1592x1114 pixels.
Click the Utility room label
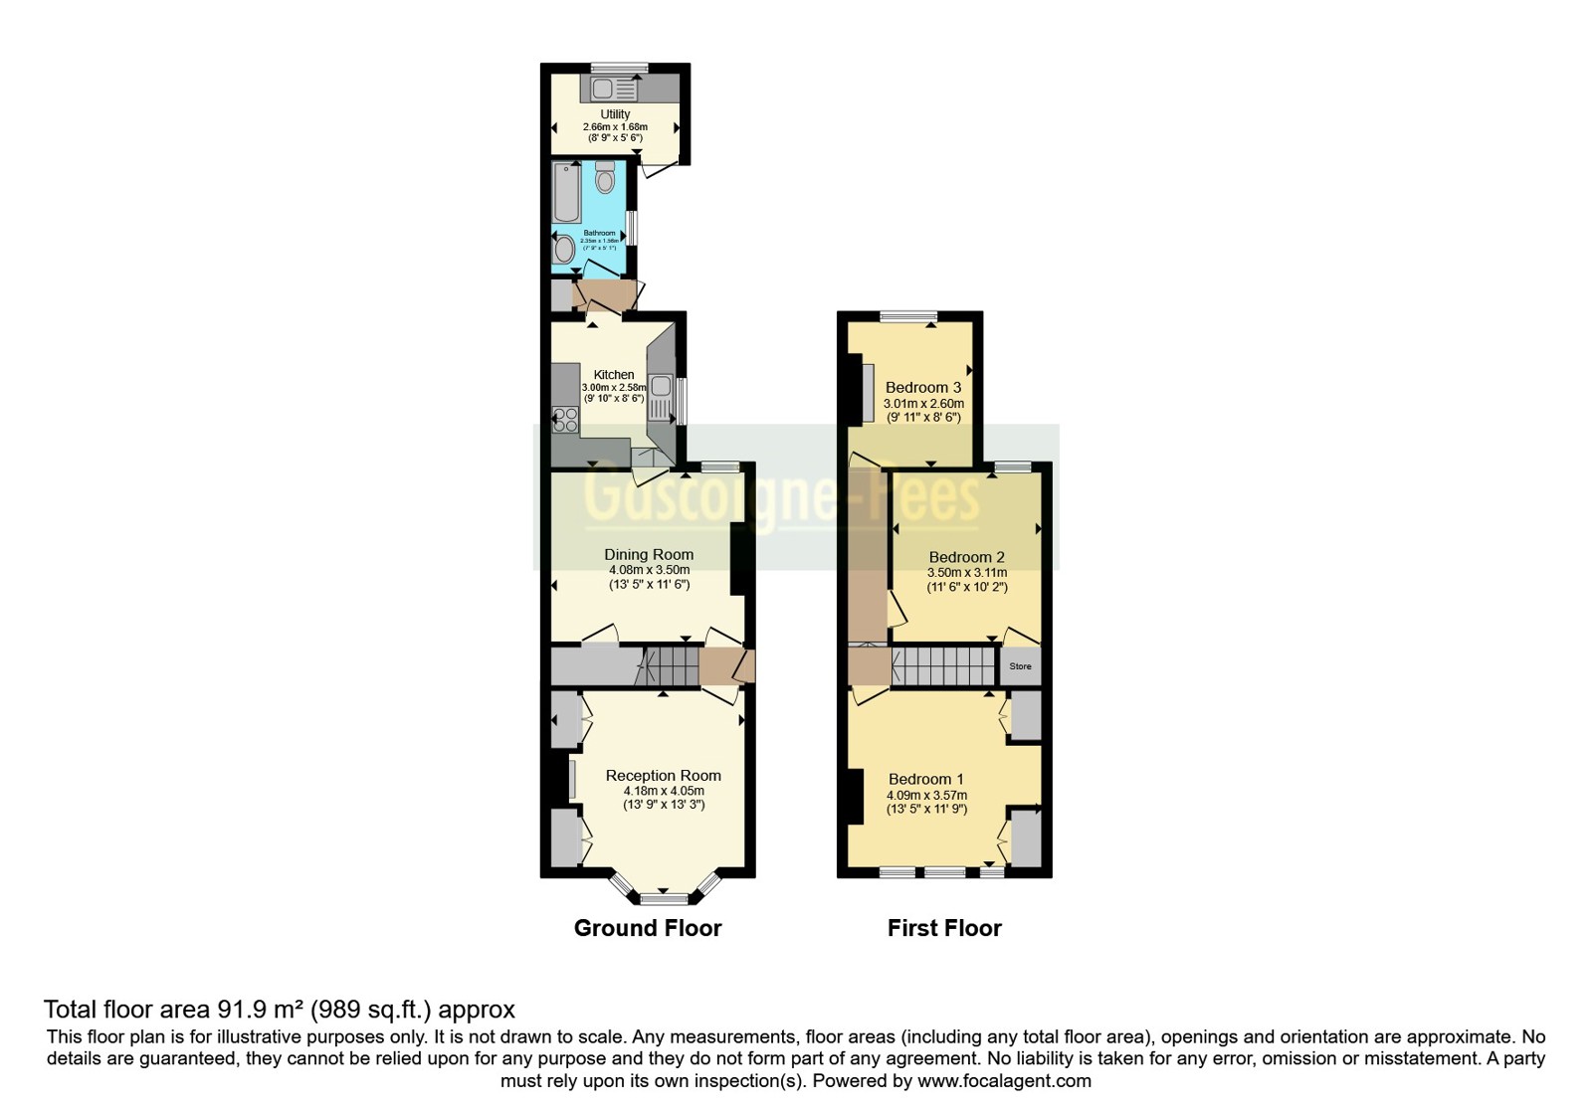[x=615, y=114]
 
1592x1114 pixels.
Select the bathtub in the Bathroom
[x=567, y=192]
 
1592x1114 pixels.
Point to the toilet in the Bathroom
[x=604, y=179]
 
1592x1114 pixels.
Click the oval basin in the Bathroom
[x=564, y=249]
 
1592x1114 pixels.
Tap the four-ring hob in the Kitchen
[x=565, y=420]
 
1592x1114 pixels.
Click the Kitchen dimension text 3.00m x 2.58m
[x=614, y=388]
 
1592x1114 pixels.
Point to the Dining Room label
[x=649, y=555]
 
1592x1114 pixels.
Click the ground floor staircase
[x=668, y=665]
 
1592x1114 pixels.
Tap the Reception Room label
[x=664, y=776]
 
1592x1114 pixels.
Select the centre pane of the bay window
[x=664, y=899]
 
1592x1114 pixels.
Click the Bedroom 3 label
[x=923, y=387]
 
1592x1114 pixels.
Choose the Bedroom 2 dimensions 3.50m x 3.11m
[x=967, y=573]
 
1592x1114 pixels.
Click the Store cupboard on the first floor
[x=1021, y=666]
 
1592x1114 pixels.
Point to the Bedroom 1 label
[x=926, y=779]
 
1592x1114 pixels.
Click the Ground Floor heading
[x=648, y=928]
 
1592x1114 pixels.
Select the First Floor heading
[x=944, y=928]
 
